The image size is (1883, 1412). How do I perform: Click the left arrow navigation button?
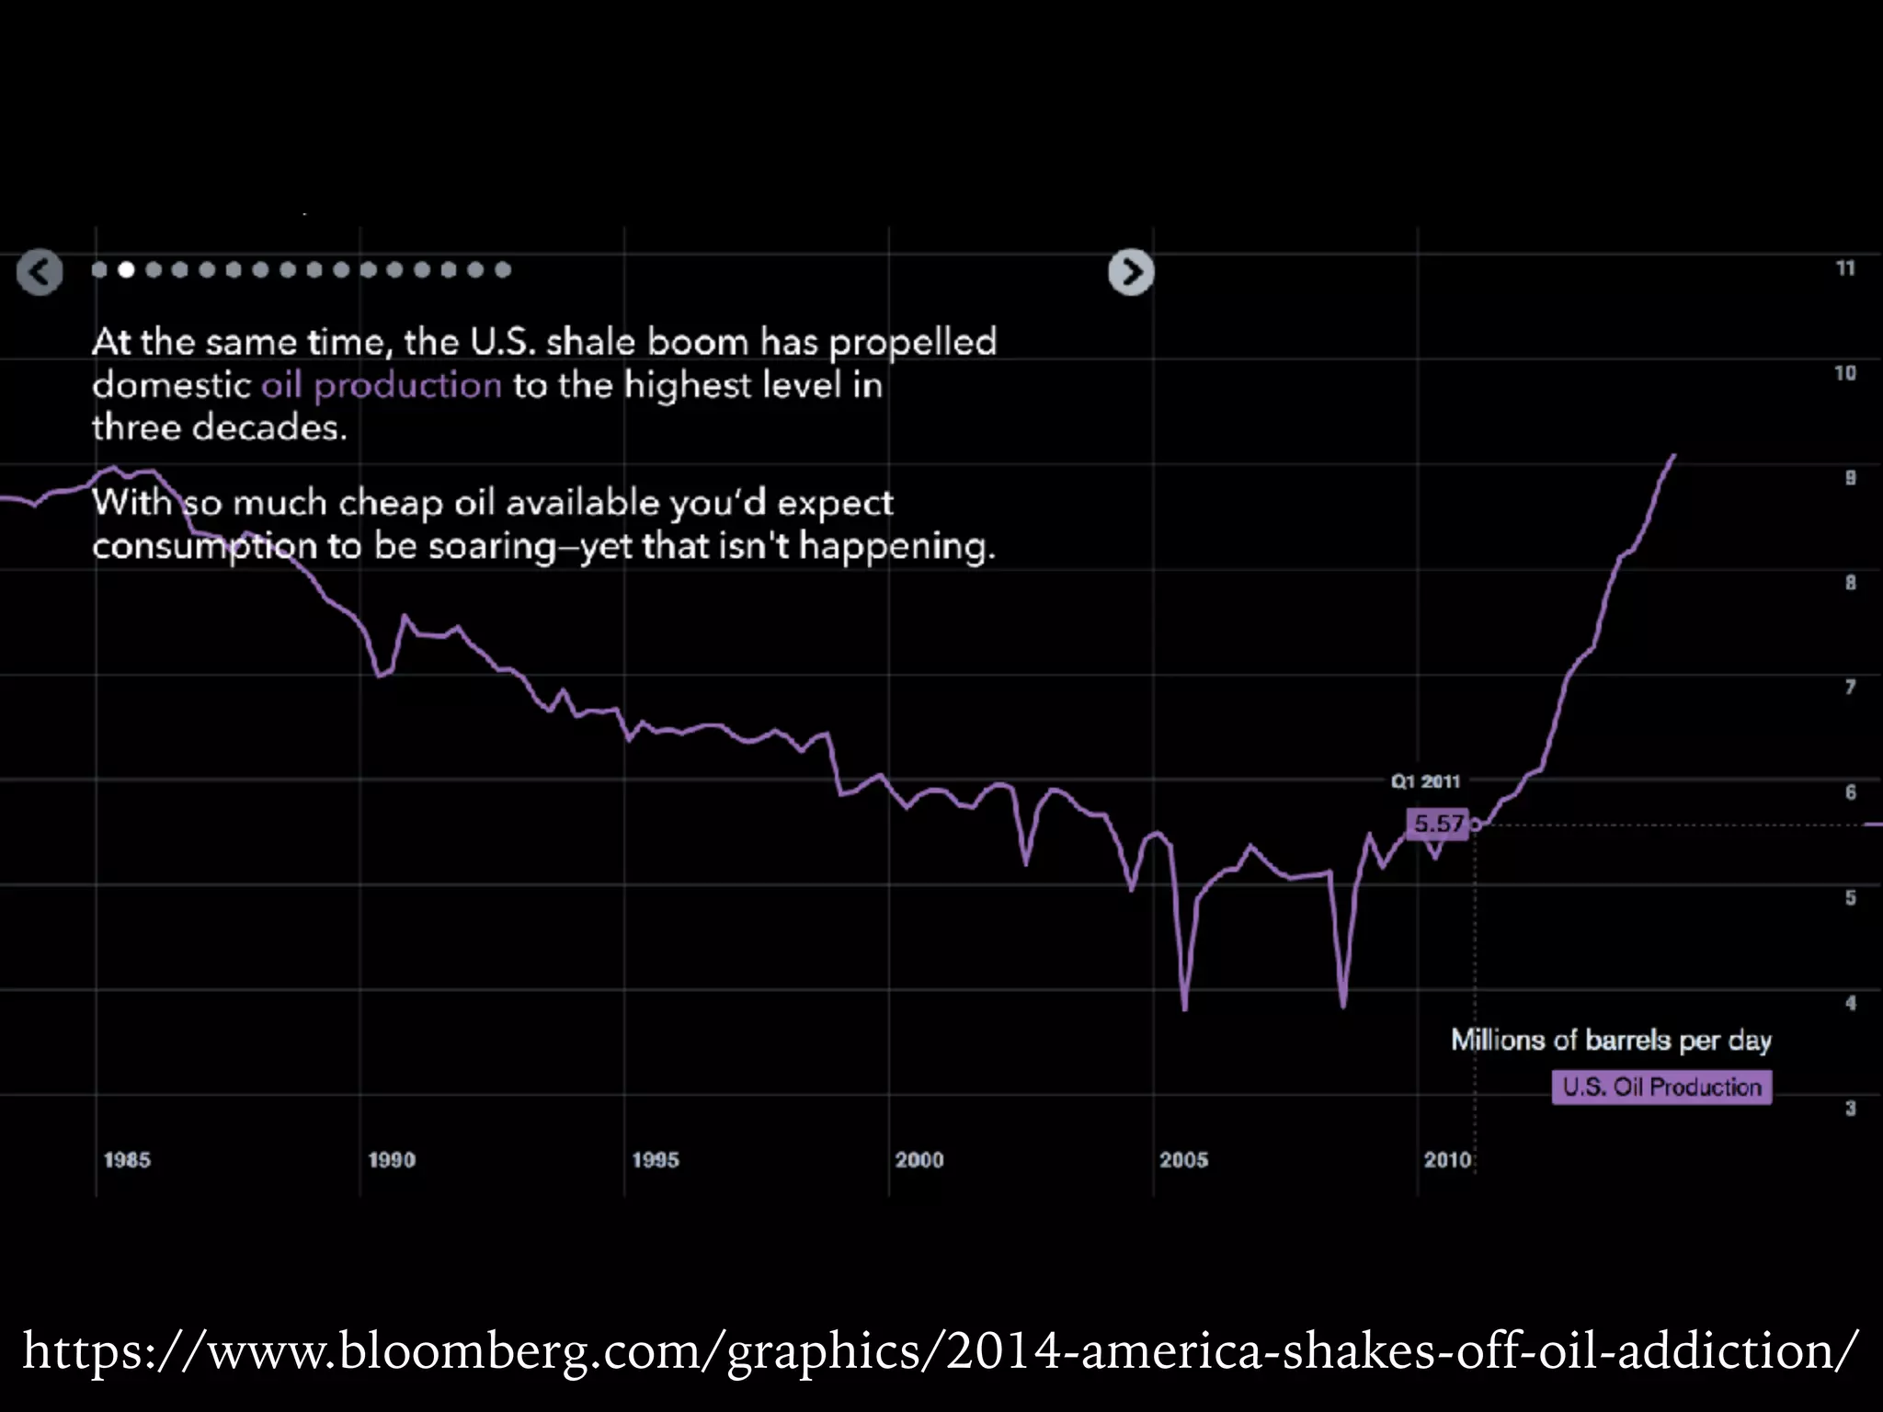pyautogui.click(x=40, y=272)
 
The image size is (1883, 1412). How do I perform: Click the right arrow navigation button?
pyautogui.click(x=1131, y=272)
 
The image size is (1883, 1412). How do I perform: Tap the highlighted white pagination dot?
pyautogui.click(x=126, y=269)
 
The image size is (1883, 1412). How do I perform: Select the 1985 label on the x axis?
pyautogui.click(x=127, y=1159)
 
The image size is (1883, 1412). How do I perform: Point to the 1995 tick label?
pyautogui.click(x=655, y=1159)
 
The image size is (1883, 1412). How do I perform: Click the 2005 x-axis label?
pyautogui.click(x=1183, y=1159)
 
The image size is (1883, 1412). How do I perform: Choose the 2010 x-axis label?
pyautogui.click(x=1447, y=1159)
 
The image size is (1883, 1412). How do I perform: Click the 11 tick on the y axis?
pyautogui.click(x=1845, y=268)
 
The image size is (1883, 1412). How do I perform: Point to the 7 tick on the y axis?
pyautogui.click(x=1850, y=687)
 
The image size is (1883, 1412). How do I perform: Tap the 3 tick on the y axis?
pyautogui.click(x=1850, y=1108)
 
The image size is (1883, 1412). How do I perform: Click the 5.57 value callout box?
pyautogui.click(x=1438, y=823)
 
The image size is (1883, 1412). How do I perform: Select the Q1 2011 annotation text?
pyautogui.click(x=1425, y=781)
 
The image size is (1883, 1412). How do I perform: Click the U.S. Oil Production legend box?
pyautogui.click(x=1661, y=1087)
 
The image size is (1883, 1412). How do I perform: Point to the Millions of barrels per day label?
pyautogui.click(x=1611, y=1040)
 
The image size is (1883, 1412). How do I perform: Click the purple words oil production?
pyautogui.click(x=382, y=385)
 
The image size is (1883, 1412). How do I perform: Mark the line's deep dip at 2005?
pyautogui.click(x=1184, y=1007)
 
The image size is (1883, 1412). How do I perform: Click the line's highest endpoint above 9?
pyautogui.click(x=1674, y=455)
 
